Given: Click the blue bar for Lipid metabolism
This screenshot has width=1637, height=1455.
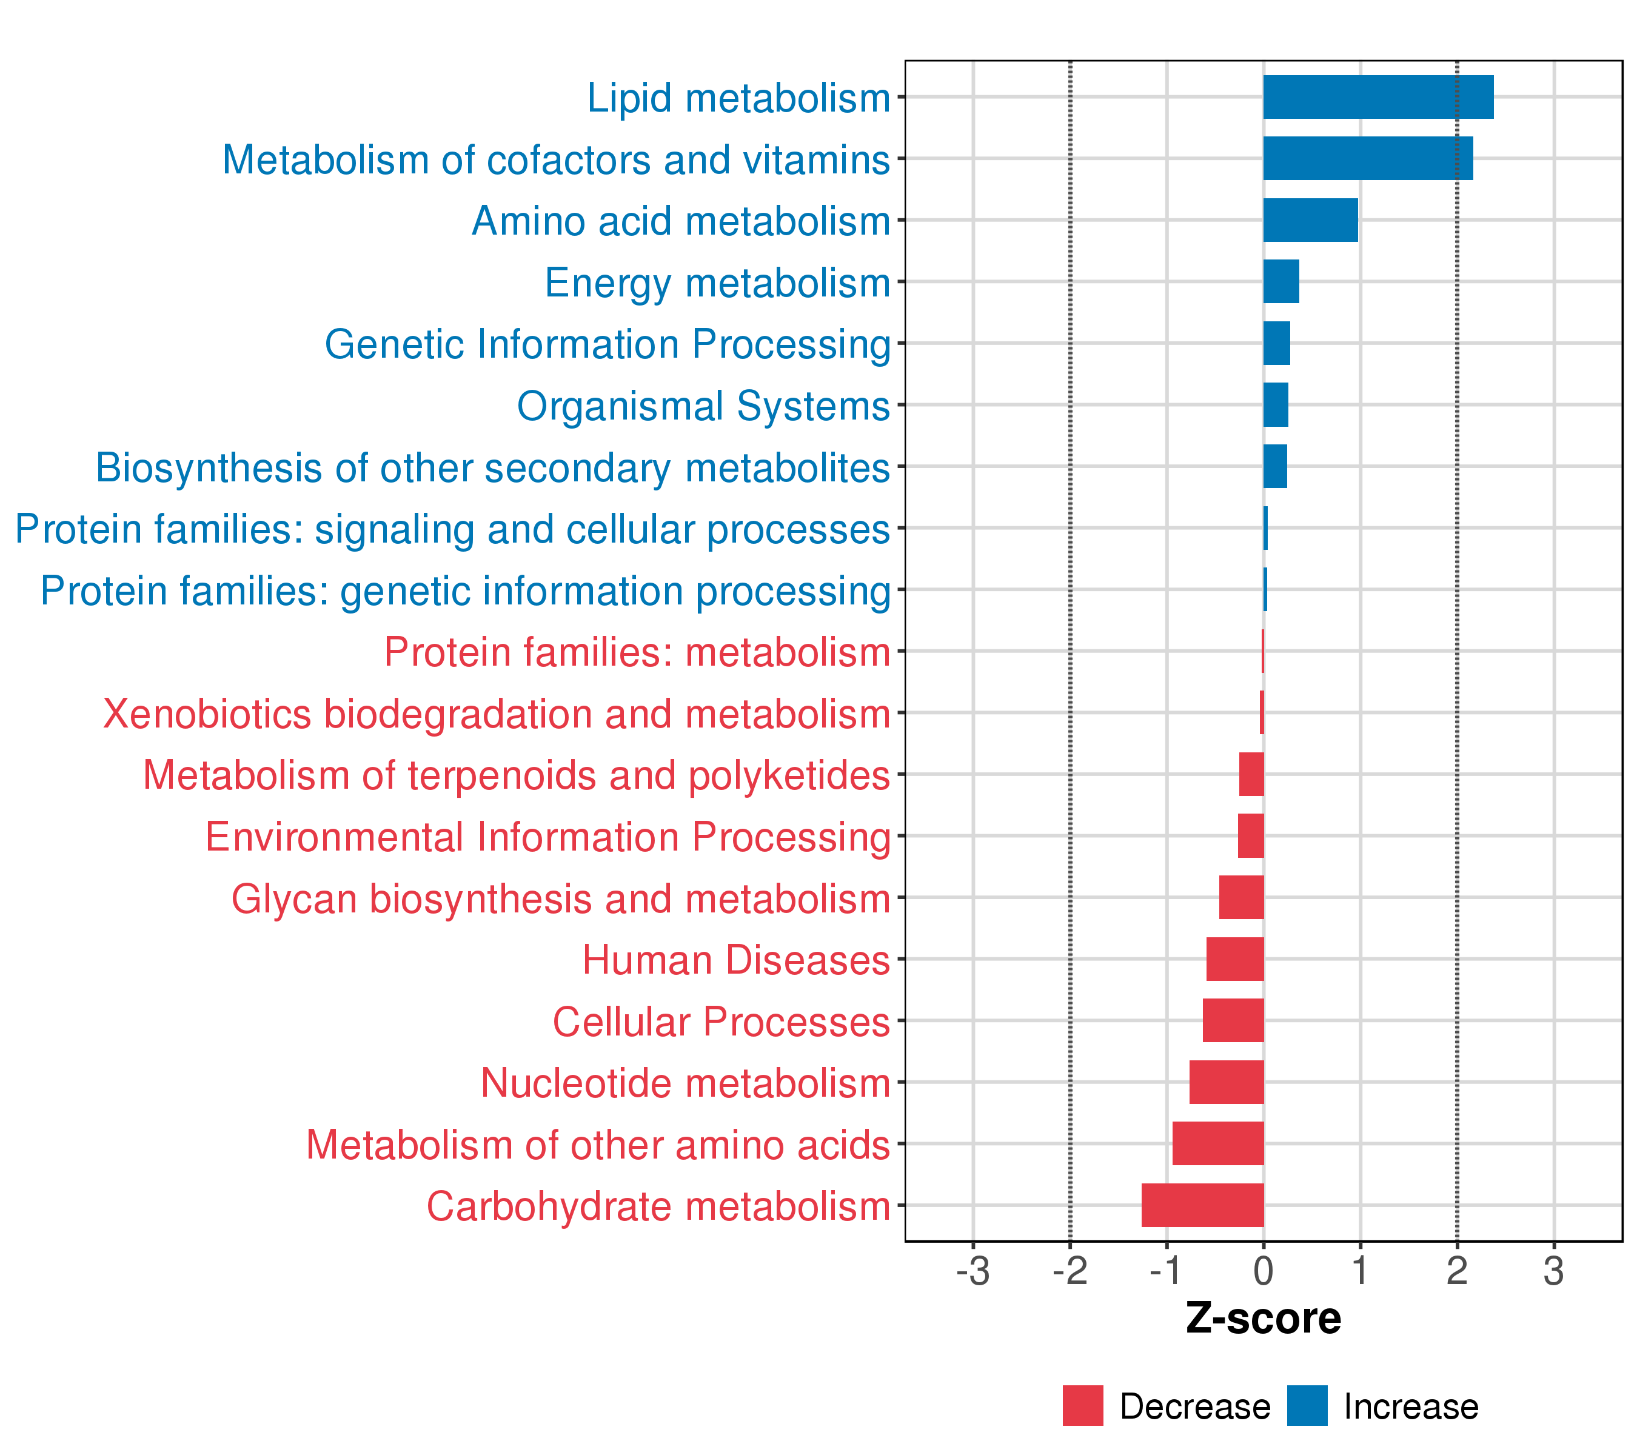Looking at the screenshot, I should pyautogui.click(x=1378, y=97).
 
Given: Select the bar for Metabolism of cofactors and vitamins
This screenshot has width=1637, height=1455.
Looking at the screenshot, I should pyautogui.click(x=1367, y=159).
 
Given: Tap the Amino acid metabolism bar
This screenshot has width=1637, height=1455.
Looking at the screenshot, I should pyautogui.click(x=1310, y=220).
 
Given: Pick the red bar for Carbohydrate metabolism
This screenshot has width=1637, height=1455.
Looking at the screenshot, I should pyautogui.click(x=1202, y=1205).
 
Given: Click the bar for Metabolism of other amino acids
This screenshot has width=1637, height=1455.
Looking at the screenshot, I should pyautogui.click(x=1217, y=1143).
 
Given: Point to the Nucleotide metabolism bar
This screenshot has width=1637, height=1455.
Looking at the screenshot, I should pyautogui.click(x=1226, y=1082).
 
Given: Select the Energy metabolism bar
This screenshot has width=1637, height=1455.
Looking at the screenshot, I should pyautogui.click(x=1280, y=282).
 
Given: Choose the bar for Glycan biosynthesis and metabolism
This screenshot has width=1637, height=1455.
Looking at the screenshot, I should pyautogui.click(x=1241, y=898).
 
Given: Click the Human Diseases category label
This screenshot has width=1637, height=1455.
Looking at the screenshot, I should pyautogui.click(x=735, y=960).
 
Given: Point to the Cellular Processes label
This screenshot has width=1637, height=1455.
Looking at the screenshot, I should pyautogui.click(x=721, y=1022).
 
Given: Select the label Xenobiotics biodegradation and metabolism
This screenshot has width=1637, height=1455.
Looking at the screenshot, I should pyautogui.click(x=497, y=714).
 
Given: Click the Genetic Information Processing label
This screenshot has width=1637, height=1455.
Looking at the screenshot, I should pyautogui.click(x=607, y=344).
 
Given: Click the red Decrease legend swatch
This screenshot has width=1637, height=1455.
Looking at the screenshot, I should pyautogui.click(x=1083, y=1406).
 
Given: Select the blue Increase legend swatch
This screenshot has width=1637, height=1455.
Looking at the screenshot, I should pyautogui.click(x=1307, y=1406).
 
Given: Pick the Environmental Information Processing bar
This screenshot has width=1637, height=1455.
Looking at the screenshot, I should pyautogui.click(x=1251, y=836).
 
